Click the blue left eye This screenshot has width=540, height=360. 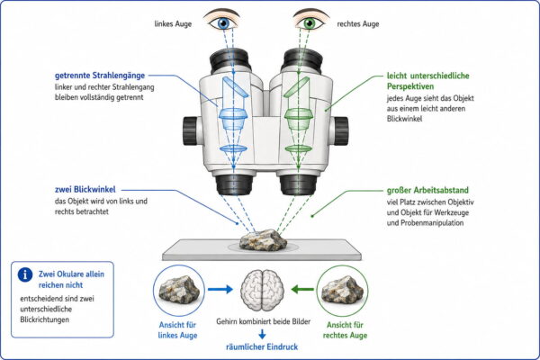point(223,22)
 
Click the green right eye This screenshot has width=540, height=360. point(310,22)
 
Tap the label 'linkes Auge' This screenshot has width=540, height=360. point(173,24)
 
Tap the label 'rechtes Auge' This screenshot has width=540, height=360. point(358,24)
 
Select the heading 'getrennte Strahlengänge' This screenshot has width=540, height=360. point(100,76)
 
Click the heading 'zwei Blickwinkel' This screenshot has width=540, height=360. point(85,190)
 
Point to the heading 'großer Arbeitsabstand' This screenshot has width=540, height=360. point(427,190)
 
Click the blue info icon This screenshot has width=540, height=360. point(25,274)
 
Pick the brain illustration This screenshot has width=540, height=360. point(263,291)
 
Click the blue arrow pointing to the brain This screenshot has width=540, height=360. point(220,289)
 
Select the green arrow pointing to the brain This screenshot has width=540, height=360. point(302,289)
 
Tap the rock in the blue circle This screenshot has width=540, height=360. point(179,290)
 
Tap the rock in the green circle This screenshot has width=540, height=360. point(342,290)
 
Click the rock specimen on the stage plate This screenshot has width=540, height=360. point(263,239)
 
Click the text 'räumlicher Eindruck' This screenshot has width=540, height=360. point(262,346)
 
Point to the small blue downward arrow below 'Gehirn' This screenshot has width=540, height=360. point(262,334)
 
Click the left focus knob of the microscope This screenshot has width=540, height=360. point(190,130)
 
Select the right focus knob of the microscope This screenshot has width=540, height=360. point(340,130)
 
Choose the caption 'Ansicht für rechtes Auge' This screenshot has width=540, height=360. point(345,330)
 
